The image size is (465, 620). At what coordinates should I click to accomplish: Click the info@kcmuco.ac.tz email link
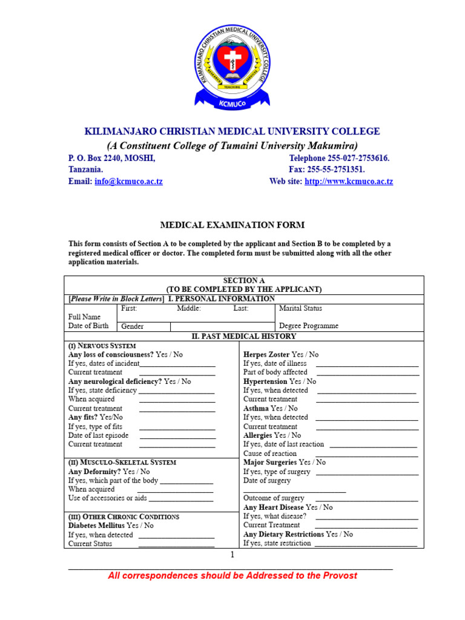coord(128,182)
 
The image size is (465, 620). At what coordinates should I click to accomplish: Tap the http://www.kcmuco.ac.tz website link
coord(349,182)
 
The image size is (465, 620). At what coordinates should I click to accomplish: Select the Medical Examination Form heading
coord(232,225)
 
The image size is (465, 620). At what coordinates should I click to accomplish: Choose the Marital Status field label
coord(300,308)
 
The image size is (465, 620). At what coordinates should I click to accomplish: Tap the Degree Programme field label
coord(308,326)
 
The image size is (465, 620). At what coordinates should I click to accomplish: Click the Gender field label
coord(133,326)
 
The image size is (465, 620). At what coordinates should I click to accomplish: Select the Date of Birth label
coord(88,326)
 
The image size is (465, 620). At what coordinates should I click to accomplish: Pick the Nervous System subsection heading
coord(102,345)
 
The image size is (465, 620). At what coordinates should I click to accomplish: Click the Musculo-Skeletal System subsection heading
coord(122,462)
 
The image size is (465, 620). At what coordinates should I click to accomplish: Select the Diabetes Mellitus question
coord(111,526)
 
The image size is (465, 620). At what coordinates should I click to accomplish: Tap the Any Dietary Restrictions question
coord(297,534)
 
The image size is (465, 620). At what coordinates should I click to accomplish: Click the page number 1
coord(231,555)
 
